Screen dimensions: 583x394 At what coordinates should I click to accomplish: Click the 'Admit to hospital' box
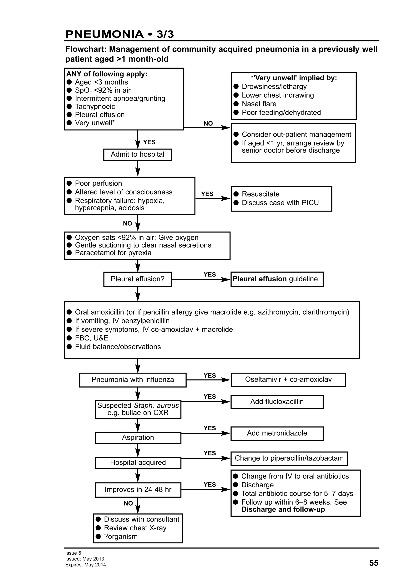coord(137,154)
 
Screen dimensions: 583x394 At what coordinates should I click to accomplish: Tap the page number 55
coord(373,563)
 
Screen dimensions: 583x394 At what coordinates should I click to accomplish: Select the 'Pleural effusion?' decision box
coord(137,279)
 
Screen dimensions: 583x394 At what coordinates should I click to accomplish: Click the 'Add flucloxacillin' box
coord(277,401)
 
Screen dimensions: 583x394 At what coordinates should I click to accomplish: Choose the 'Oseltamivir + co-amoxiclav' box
coord(288,379)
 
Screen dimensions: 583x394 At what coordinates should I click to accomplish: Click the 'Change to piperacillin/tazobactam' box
coord(289,458)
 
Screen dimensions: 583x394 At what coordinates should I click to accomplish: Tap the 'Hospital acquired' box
coord(138,462)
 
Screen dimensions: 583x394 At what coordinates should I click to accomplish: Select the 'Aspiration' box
coord(138,437)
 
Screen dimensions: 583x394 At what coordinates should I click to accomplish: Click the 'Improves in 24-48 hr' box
coord(138,489)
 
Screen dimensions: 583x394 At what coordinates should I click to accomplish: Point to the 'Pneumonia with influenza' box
coord(133,380)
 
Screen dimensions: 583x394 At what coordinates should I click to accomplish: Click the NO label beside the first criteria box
coord(208,123)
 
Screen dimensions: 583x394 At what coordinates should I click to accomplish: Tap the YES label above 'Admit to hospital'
coord(149,142)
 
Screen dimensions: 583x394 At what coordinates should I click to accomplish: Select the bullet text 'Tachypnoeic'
coord(95,107)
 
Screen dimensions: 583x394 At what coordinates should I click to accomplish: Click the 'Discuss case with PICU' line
coord(280,203)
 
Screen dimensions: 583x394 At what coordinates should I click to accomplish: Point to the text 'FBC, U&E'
coord(91,338)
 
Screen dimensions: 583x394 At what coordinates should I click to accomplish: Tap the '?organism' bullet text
coord(121,536)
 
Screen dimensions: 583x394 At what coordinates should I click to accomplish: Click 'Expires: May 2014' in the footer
coord(85,565)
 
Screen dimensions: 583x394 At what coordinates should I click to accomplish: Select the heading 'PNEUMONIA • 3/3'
coord(119,34)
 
